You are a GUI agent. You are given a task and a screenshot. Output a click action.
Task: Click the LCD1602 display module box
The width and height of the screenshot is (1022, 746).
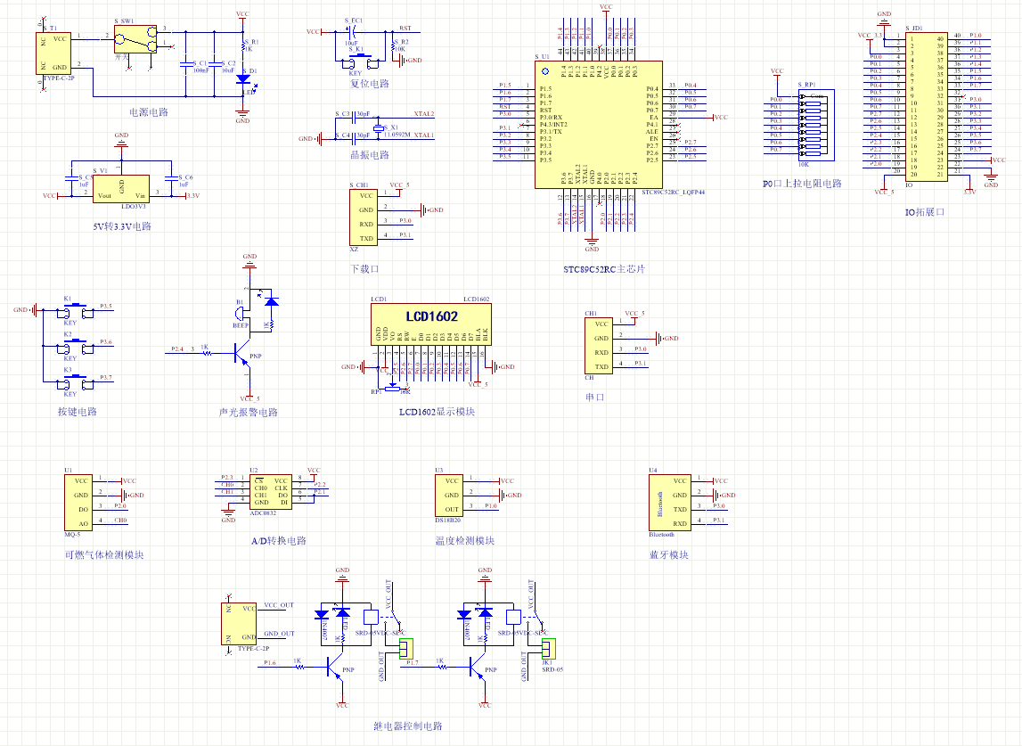tap(431, 324)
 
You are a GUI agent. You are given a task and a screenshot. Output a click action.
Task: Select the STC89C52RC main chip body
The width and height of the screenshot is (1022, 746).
tap(598, 124)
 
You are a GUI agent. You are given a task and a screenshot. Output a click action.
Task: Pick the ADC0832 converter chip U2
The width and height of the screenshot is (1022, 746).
tap(271, 490)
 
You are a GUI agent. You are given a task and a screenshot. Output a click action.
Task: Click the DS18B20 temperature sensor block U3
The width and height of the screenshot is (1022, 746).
tap(452, 495)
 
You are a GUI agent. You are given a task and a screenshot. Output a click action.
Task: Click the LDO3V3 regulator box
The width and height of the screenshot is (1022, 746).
tap(123, 188)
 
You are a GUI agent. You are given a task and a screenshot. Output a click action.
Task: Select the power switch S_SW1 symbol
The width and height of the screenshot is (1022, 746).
tap(135, 41)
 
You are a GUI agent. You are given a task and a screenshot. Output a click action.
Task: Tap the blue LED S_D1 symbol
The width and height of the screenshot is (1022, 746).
tap(242, 78)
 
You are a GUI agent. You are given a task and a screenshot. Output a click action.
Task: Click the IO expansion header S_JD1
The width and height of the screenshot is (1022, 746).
tap(927, 106)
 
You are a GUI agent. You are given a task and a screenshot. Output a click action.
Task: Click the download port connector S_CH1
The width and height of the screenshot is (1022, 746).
tap(365, 217)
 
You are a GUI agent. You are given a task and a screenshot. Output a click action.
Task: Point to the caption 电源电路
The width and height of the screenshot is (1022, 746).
tap(149, 112)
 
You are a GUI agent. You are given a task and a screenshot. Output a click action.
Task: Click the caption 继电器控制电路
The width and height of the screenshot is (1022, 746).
tap(407, 726)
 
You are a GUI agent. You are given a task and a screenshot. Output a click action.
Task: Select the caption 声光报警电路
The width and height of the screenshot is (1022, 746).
tap(249, 413)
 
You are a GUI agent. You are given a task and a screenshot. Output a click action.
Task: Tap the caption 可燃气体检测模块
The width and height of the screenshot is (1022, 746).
tap(98, 554)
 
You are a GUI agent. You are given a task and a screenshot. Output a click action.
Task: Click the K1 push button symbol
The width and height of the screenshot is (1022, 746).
tap(76, 310)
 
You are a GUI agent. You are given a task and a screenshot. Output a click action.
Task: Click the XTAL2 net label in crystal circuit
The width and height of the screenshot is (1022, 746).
tap(423, 115)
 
